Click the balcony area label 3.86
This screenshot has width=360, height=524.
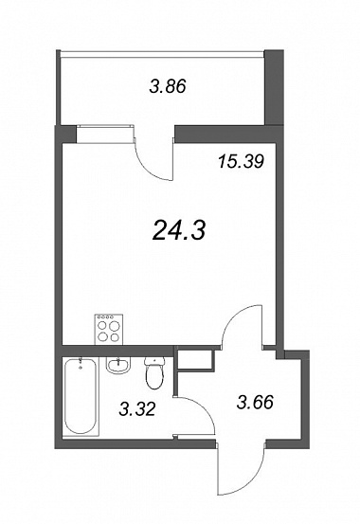pyautogui.click(x=168, y=87)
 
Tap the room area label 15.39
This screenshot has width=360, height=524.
pyautogui.click(x=241, y=161)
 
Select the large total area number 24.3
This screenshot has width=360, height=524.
pyautogui.click(x=178, y=231)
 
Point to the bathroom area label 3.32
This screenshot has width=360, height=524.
pyautogui.click(x=137, y=408)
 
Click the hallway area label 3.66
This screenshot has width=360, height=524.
pyautogui.click(x=255, y=402)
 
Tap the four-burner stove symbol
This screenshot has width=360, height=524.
pyautogui.click(x=109, y=330)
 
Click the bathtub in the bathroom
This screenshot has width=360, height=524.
pyautogui.click(x=81, y=396)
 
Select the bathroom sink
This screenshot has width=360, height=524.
pyautogui.click(x=117, y=365)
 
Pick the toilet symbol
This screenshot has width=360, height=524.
pyautogui.click(x=154, y=373)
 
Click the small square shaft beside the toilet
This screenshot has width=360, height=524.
pyautogui.click(x=195, y=360)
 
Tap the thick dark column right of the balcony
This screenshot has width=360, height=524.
pyautogui.click(x=274, y=87)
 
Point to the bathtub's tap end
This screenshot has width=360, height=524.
pyautogui.click(x=81, y=363)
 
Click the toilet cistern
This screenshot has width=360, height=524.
pyautogui.click(x=154, y=361)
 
